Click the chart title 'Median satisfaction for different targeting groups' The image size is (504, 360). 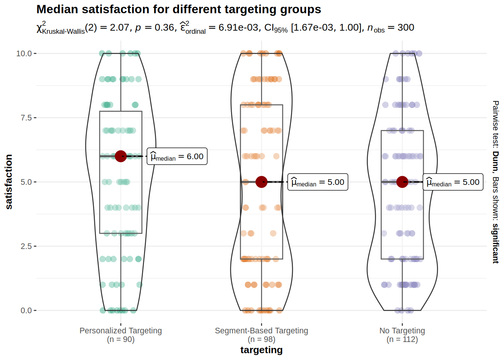(x=178, y=9)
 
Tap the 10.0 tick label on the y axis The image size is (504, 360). (x=24, y=54)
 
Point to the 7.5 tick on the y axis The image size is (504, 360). (x=26, y=118)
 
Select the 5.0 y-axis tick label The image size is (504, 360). (x=26, y=182)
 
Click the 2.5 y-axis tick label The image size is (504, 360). (x=26, y=246)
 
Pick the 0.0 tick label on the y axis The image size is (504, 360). (x=26, y=310)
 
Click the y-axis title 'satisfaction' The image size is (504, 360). (x=9, y=181)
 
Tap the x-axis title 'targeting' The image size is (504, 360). (x=261, y=350)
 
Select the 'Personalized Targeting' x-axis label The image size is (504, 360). (x=121, y=331)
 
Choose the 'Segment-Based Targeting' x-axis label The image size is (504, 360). (x=261, y=331)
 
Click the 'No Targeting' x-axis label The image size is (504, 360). (x=402, y=331)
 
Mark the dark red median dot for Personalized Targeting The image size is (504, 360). (x=121, y=156)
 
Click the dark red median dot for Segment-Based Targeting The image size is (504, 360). (x=261, y=182)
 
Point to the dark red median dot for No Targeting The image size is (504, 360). (x=402, y=182)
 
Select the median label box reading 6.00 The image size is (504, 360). (x=177, y=156)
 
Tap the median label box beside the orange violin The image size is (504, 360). (x=318, y=182)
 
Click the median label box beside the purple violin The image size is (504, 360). (x=453, y=182)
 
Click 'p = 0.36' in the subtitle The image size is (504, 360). (x=154, y=28)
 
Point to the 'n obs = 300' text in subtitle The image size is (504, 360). (x=390, y=28)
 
